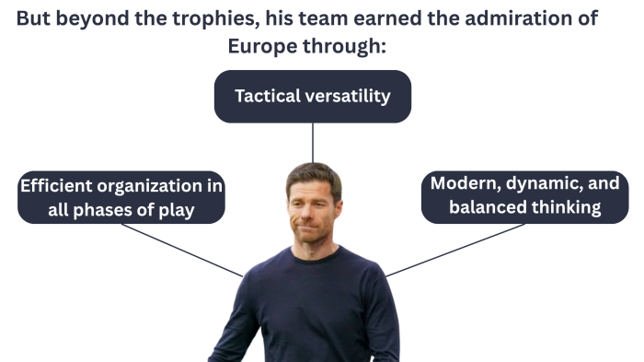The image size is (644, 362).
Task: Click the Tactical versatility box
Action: [x=313, y=96]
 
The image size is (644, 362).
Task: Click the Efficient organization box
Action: [x=121, y=197]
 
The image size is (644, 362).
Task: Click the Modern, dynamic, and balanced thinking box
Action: [x=524, y=195]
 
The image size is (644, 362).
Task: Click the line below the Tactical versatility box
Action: [x=313, y=143]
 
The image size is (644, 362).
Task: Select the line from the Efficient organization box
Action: [x=184, y=250]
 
